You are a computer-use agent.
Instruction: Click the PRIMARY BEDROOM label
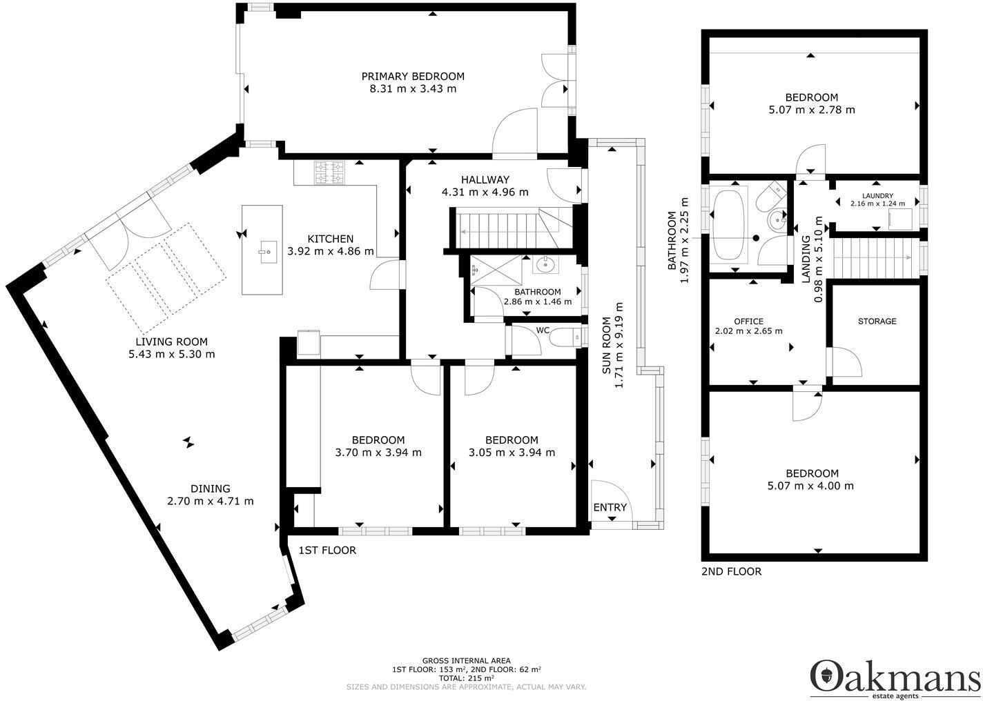click(413, 77)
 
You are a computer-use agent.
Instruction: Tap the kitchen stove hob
click(329, 172)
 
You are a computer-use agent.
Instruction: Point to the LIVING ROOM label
click(171, 342)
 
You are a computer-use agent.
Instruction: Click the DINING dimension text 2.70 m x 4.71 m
click(210, 501)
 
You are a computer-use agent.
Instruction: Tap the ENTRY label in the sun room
click(610, 508)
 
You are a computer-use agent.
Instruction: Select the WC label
click(543, 330)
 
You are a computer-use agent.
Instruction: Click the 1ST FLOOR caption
click(327, 550)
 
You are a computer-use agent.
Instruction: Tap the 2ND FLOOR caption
click(731, 571)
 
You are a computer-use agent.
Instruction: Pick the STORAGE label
click(877, 322)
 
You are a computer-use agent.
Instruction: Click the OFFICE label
click(748, 322)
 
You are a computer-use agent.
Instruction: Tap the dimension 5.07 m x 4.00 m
click(812, 486)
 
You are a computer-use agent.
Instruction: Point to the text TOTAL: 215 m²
click(466, 678)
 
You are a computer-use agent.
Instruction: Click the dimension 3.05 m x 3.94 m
click(512, 453)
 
